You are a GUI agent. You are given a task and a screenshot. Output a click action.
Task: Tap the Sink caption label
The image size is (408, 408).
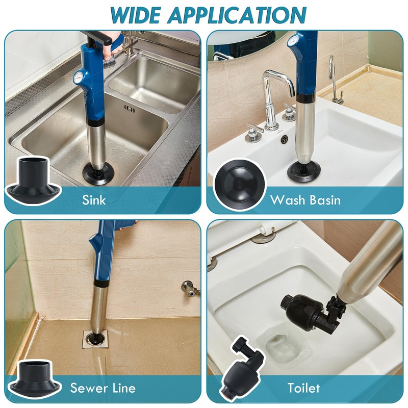[x=94, y=199]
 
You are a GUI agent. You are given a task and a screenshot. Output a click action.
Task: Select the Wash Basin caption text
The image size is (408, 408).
[x=305, y=199]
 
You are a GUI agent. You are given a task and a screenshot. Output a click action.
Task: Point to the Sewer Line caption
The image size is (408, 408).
[x=103, y=388]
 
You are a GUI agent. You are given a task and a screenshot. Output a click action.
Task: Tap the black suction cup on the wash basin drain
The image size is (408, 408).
[x=304, y=170]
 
